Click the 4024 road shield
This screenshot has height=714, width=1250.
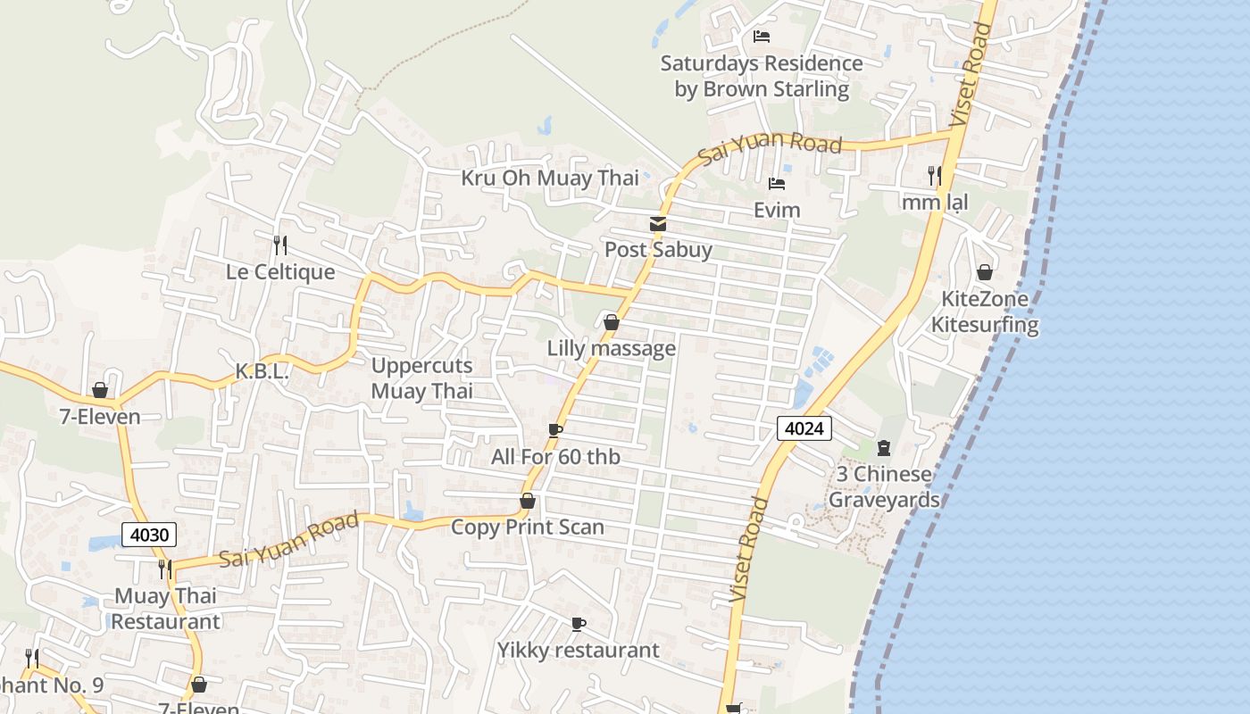pos(804,428)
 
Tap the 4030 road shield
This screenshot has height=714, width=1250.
pos(149,535)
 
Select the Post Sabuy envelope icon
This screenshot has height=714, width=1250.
pos(658,224)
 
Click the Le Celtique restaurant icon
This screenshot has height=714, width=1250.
pos(280,245)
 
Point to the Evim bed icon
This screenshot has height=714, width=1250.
pos(777,185)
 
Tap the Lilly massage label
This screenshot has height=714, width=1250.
pos(612,348)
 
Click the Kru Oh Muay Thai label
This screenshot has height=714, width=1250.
pos(550,178)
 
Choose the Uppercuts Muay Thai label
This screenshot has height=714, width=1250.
pos(421,378)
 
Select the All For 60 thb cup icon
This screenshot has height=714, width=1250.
pos(555,431)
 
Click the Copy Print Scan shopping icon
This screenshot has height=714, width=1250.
pos(528,501)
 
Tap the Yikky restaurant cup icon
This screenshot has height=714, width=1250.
pos(579,624)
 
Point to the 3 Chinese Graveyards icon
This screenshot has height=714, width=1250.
pos(884,447)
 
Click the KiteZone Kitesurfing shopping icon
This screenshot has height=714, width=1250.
pos(985,272)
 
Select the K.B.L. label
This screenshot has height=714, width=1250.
pos(262,372)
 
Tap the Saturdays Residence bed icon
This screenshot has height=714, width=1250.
pos(762,37)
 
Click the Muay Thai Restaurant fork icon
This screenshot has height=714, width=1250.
pos(165,569)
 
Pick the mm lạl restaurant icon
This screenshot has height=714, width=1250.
pos(935,175)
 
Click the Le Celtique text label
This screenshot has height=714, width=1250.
pos(280,272)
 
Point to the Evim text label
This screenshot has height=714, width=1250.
pos(777,211)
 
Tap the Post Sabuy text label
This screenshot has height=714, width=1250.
pos(658,250)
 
